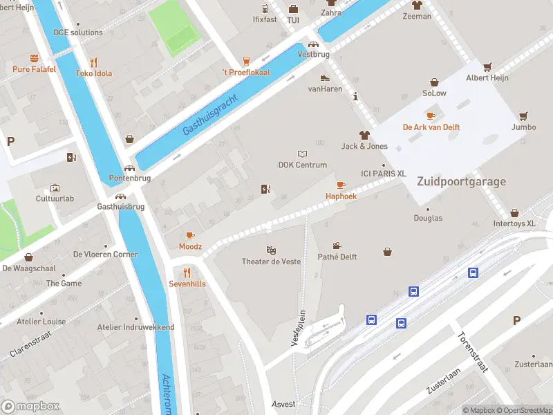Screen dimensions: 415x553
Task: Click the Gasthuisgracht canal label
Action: point(211,115)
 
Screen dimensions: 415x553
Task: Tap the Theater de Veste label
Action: point(271,261)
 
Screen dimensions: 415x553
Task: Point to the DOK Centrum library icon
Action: point(301,154)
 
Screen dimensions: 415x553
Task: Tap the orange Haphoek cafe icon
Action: point(340,185)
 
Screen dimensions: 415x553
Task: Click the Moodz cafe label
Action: point(190,246)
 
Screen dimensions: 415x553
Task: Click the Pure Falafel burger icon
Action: point(34,59)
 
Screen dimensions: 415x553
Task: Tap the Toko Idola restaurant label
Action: point(93,73)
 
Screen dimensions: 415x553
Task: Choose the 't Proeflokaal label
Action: point(245,73)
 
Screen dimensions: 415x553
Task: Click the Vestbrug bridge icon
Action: point(312,44)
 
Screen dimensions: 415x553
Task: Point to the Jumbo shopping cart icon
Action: point(523,116)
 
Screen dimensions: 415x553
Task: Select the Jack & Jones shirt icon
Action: point(364,135)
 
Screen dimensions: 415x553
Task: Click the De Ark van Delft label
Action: point(431,127)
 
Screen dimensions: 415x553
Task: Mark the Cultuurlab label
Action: point(55,199)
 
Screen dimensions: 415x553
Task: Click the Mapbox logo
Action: point(30,406)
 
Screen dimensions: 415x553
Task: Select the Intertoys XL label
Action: point(514,223)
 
